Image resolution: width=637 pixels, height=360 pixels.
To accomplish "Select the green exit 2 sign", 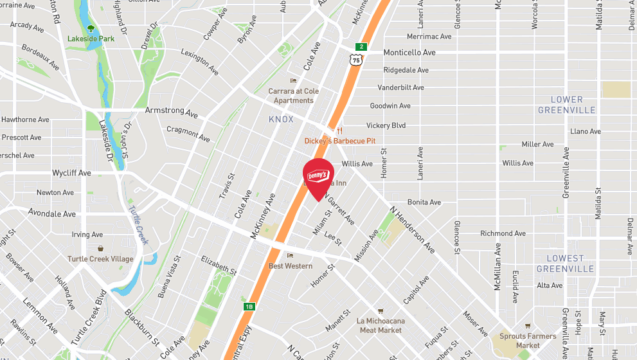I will coord(363,46).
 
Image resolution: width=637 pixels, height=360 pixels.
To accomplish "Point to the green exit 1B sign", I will coord(249,307).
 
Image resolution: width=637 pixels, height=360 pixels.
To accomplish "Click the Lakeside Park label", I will coord(91,39).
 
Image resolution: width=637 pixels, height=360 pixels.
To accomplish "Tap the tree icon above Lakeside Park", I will coord(91,28).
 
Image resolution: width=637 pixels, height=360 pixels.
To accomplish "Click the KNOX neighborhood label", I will coord(282,120).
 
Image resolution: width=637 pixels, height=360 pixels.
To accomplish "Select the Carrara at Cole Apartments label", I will coord(294,96).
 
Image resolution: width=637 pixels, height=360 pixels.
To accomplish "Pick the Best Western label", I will coord(291,266).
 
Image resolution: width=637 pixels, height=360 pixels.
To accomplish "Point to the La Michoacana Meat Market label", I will coord(381,325).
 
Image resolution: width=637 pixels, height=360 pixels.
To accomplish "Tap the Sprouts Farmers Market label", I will coord(528,341).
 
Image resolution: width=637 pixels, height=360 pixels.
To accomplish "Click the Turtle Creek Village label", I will coord(100,259).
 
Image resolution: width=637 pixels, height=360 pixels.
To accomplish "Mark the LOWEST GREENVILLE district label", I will coord(565,264).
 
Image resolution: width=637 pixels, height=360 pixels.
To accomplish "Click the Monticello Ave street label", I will coord(409,53).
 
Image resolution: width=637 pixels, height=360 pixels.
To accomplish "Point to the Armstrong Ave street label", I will coord(172,112).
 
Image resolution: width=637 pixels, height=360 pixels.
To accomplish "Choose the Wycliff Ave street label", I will coord(71,173).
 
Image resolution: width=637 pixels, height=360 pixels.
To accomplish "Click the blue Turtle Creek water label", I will coord(138,225).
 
